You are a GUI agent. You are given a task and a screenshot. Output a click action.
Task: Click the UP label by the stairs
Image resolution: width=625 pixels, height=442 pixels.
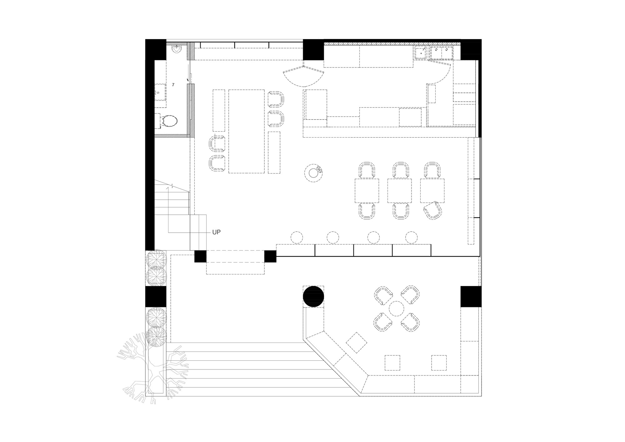216,232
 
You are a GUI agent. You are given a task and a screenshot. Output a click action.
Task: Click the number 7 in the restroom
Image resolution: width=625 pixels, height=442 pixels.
173,85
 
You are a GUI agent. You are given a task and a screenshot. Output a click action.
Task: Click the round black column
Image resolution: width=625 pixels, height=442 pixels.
313,296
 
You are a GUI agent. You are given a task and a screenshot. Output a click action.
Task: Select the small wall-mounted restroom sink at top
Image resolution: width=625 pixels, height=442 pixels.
177,50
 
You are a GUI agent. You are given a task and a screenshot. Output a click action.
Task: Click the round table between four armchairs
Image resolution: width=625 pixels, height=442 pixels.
397,309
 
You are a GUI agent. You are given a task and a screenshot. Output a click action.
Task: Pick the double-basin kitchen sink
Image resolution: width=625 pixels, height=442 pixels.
442,53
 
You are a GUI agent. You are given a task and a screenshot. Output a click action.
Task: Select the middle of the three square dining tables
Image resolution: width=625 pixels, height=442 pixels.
399,191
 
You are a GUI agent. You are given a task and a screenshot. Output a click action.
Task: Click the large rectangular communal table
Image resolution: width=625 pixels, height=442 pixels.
247,131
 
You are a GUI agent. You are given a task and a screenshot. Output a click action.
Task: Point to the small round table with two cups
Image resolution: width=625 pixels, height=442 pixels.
313,173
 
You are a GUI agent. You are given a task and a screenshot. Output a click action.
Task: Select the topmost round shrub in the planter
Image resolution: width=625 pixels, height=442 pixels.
156,259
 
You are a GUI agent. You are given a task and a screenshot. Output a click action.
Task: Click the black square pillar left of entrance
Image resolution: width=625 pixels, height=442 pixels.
200,256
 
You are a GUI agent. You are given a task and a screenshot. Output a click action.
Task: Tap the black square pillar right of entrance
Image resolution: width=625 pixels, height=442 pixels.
270,256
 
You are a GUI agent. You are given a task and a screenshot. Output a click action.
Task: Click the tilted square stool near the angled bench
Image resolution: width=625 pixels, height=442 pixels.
357,343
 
